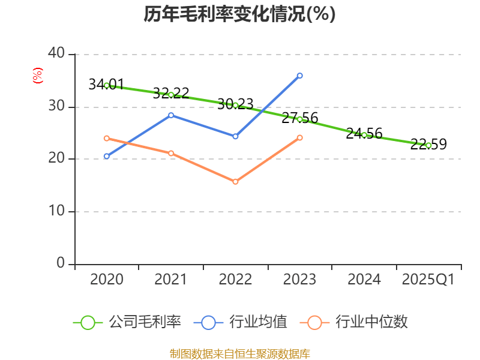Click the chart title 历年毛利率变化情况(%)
[x=239, y=14]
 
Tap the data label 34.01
[x=106, y=85]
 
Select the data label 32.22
[x=171, y=93]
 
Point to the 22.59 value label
[x=428, y=145]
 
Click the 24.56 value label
[x=364, y=134]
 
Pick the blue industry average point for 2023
[x=300, y=76]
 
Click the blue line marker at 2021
[x=171, y=115]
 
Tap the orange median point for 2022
[x=235, y=181]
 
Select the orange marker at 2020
[x=107, y=138]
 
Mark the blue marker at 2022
[x=235, y=136]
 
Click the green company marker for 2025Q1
[x=428, y=145]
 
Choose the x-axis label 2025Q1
[x=428, y=280]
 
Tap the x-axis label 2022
[x=235, y=280]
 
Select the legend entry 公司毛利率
[x=144, y=322]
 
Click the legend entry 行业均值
[x=258, y=322]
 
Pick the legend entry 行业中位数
[x=371, y=322]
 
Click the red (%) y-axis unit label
[x=38, y=76]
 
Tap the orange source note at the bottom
[x=239, y=353]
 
